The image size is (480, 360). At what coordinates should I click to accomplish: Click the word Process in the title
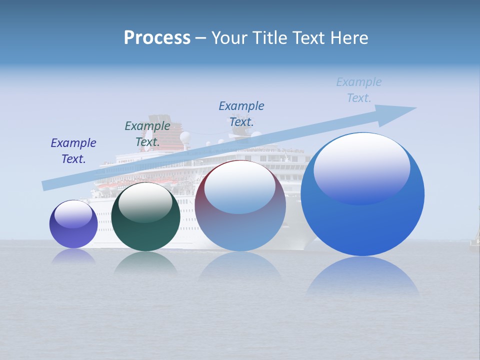(157, 38)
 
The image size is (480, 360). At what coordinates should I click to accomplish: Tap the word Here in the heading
(349, 38)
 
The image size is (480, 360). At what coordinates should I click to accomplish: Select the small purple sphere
(73, 224)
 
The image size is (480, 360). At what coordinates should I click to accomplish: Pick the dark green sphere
(145, 216)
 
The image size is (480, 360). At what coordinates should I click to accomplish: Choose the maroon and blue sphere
(240, 205)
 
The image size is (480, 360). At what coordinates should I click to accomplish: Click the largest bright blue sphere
(362, 194)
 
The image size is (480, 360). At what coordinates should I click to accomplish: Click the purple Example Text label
(73, 150)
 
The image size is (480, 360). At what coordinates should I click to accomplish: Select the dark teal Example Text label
(147, 133)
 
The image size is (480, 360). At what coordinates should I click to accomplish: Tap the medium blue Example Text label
(241, 113)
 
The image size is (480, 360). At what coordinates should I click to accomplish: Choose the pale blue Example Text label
(359, 89)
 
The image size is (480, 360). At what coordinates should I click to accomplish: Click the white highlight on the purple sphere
(73, 214)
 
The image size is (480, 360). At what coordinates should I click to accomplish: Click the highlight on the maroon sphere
(240, 187)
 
